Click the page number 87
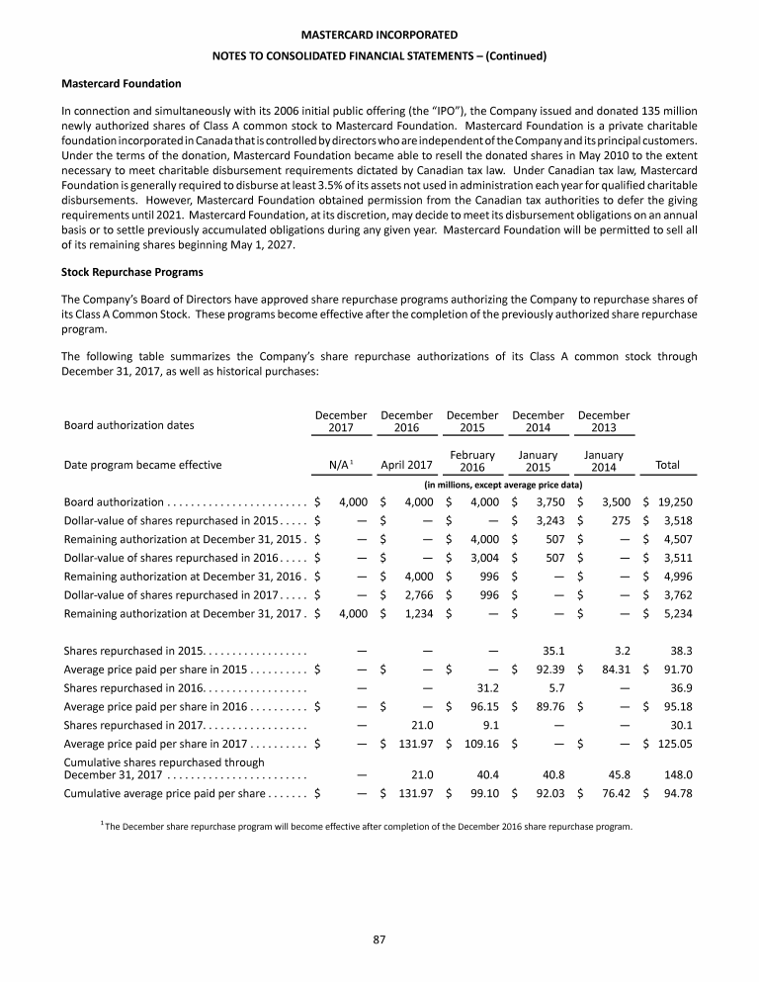click(379, 938)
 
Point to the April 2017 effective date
click(406, 465)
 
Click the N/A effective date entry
click(342, 465)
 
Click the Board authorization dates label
click(128, 426)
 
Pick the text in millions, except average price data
click(502, 485)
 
